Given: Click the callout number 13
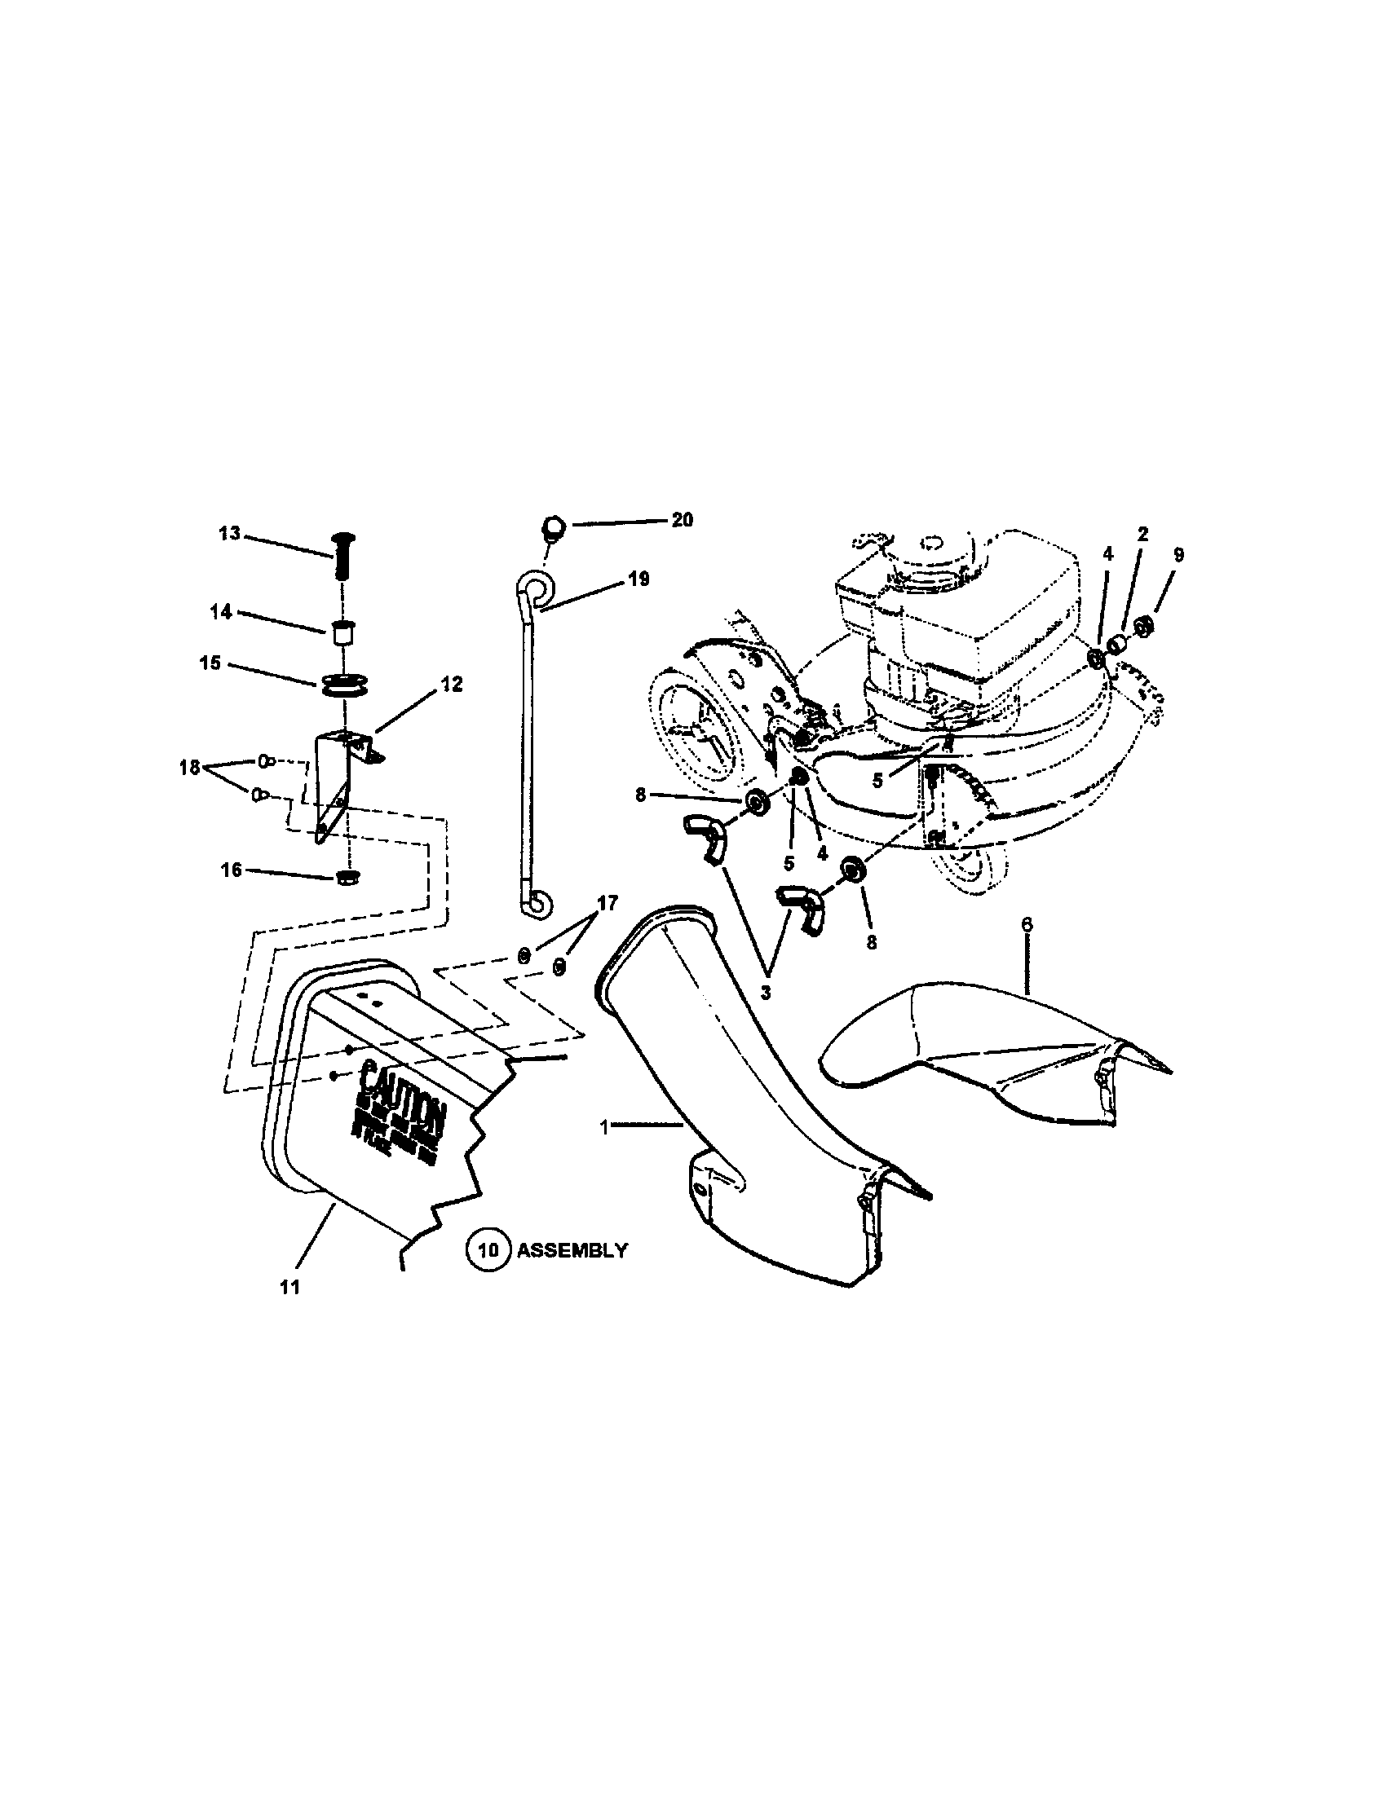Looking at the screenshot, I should [229, 534].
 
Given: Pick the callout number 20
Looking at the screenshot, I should [682, 520].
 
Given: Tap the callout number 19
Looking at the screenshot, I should [638, 579].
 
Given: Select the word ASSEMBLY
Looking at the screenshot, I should [572, 1250].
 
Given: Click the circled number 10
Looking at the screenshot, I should [488, 1250].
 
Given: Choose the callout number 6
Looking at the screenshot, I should [1027, 924].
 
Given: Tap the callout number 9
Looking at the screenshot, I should [1178, 555].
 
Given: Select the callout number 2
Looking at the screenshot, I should [1142, 534].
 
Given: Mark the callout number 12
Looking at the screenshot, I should [452, 684].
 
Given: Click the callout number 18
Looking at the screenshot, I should [190, 768].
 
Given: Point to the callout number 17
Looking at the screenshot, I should [607, 903].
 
